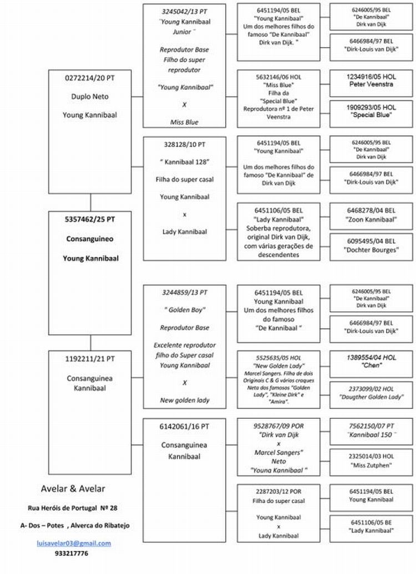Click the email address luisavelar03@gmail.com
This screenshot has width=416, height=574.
74,543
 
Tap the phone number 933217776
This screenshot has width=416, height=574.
72,553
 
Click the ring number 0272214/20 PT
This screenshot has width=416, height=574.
90,79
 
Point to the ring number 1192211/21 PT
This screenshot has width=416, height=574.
90,359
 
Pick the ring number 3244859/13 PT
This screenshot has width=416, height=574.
185,292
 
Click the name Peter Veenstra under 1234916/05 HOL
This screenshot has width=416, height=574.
371,84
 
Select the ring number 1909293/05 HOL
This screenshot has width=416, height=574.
371,107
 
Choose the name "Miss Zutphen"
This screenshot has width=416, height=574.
371,465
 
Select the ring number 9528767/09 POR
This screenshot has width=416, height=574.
278,427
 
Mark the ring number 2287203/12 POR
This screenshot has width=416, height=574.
278,491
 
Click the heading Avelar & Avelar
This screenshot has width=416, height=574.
73,488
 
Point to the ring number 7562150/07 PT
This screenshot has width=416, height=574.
371,426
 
